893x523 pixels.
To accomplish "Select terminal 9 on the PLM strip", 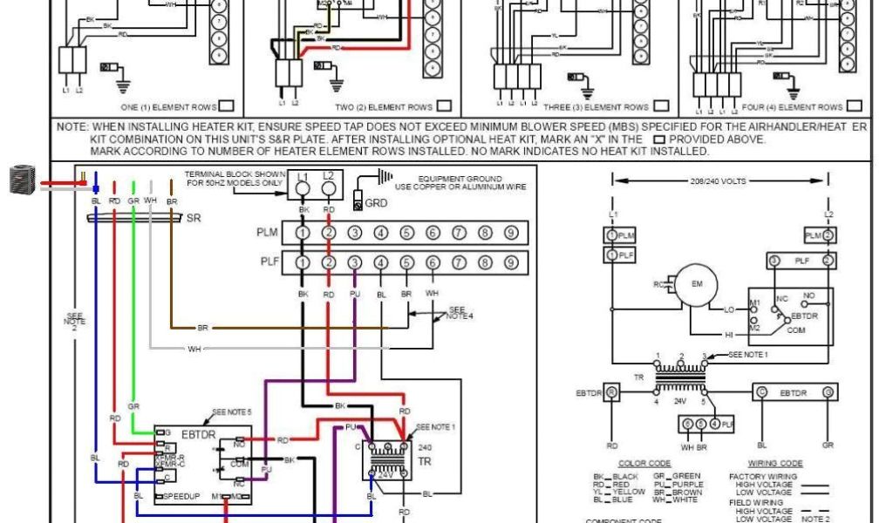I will pyautogui.click(x=511, y=233).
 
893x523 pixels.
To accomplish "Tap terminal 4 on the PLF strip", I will pyautogui.click(x=381, y=262).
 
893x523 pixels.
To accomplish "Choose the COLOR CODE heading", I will pyautogui.click(x=644, y=464).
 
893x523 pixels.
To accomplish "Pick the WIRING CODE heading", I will pyautogui.click(x=775, y=464).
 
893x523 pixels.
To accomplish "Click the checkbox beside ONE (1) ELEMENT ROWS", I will pyautogui.click(x=226, y=106).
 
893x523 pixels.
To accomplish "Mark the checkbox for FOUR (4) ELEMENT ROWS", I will pyautogui.click(x=854, y=106).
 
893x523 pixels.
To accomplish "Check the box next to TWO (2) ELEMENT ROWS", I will pyautogui.click(x=445, y=106).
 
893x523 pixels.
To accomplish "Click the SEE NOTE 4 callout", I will pyautogui.click(x=459, y=312).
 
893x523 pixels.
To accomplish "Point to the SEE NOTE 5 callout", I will pyautogui.click(x=231, y=411).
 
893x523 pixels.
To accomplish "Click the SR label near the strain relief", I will pyautogui.click(x=193, y=219).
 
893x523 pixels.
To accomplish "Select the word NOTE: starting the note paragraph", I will pyautogui.click(x=72, y=127).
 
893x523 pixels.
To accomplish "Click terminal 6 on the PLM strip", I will pyautogui.click(x=433, y=233).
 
